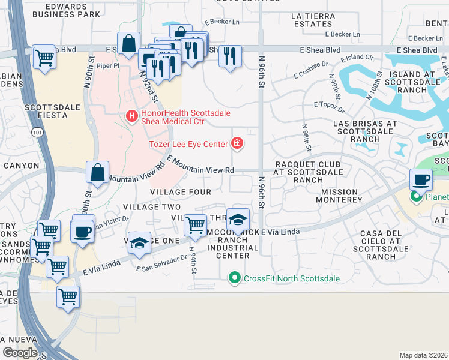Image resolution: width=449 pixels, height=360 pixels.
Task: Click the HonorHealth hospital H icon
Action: (x=130, y=115)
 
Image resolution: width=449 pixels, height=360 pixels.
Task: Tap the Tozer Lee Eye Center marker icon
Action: (x=238, y=143)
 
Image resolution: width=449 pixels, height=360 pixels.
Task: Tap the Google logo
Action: (x=20, y=353)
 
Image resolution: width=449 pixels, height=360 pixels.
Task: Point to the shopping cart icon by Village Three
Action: (x=195, y=226)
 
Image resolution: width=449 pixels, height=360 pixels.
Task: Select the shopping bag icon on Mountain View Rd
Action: (x=97, y=172)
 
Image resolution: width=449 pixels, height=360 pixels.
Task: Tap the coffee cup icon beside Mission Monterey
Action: (x=421, y=179)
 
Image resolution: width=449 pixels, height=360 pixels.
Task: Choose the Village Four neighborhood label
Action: (x=180, y=192)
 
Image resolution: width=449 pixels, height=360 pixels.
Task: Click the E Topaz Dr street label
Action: (x=329, y=104)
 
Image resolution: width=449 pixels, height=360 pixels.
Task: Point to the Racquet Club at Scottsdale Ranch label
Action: (x=307, y=172)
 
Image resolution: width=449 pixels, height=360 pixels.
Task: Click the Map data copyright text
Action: (x=423, y=355)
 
